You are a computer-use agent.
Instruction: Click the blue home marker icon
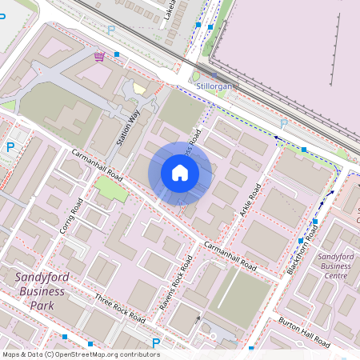coord(180,173)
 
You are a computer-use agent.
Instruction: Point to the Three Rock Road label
coord(119,308)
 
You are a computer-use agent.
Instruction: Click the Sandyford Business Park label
coord(41,291)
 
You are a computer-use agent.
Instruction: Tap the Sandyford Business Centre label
coord(335,266)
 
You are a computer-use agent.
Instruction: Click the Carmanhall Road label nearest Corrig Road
coord(97,163)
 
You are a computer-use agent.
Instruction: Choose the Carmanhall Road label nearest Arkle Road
coord(229,254)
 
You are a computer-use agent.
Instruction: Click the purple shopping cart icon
coord(98,56)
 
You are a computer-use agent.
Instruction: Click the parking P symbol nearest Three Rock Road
coord(156,343)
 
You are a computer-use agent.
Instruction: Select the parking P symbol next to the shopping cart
coord(110,30)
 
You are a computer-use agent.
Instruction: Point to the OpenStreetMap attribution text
coord(81,354)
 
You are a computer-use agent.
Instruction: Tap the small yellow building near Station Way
coord(140,89)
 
